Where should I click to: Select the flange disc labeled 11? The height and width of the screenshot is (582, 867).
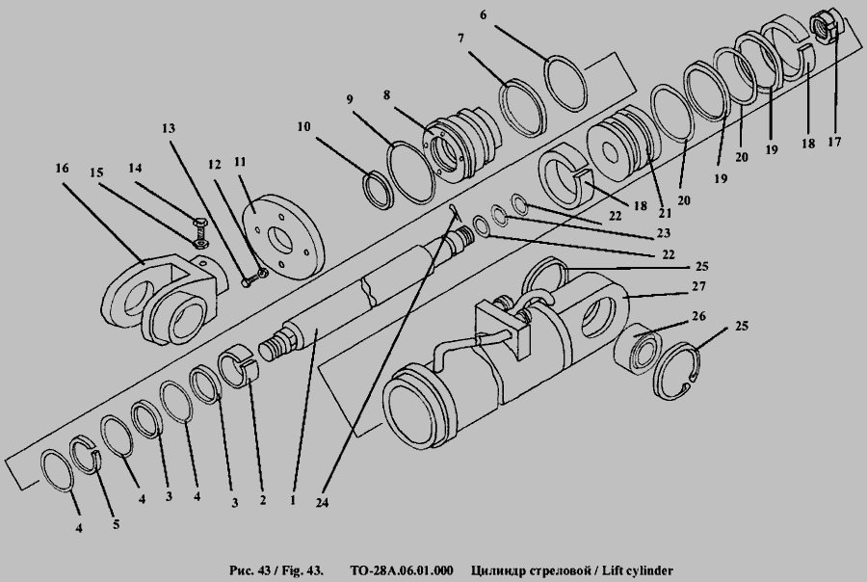click(284, 235)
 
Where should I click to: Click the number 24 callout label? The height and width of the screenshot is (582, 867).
click(322, 503)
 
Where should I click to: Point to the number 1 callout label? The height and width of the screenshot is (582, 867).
click(293, 500)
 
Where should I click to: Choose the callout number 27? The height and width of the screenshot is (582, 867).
click(699, 286)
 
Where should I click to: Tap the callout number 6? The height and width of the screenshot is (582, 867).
click(484, 15)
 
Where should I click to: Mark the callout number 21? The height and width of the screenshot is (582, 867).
click(664, 213)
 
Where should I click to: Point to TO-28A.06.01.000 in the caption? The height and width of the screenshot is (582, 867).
click(402, 570)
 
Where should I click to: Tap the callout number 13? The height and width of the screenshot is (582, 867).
click(168, 128)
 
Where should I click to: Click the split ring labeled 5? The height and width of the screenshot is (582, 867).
click(87, 456)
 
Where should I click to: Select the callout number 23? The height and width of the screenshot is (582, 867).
click(663, 233)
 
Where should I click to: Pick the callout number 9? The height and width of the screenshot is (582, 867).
click(350, 99)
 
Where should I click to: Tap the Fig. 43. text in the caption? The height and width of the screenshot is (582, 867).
click(300, 570)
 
